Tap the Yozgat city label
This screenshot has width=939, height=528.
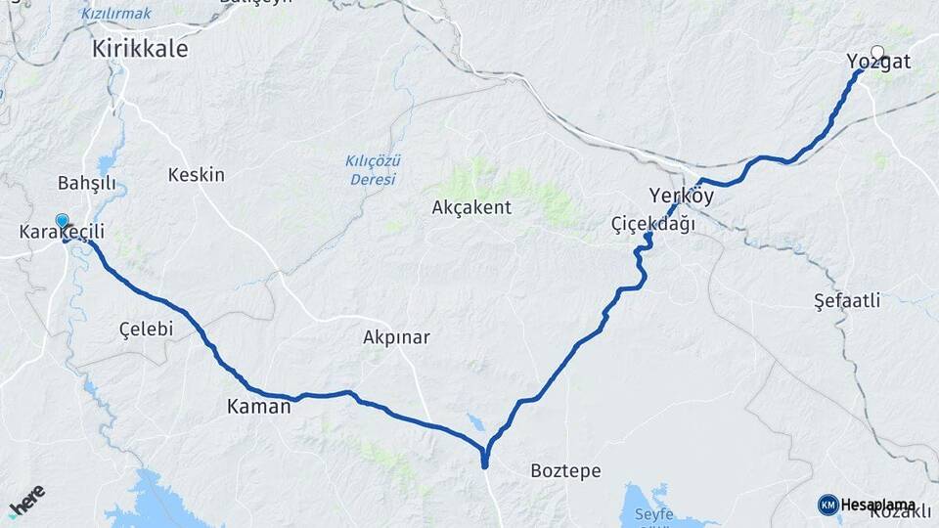tap(878, 63)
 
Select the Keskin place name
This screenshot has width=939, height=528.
tap(196, 175)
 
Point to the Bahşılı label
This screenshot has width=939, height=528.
tap(87, 183)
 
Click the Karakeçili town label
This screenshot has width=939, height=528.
tap(62, 233)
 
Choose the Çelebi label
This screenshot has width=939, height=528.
tap(146, 329)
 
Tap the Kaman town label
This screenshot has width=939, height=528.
tap(258, 407)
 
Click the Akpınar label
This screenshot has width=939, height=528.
tap(396, 337)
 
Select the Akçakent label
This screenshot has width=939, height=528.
tap(473, 207)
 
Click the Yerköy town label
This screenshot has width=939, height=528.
tap(681, 196)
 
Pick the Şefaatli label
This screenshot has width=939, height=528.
tap(847, 299)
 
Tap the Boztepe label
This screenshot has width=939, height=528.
tap(565, 470)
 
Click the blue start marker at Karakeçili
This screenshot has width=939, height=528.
tap(63, 221)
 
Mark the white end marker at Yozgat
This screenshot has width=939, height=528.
tap(877, 53)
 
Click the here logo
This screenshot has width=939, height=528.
tap(26, 501)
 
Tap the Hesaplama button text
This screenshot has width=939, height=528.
tap(878, 504)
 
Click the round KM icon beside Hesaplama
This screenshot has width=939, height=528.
tap(828, 504)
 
